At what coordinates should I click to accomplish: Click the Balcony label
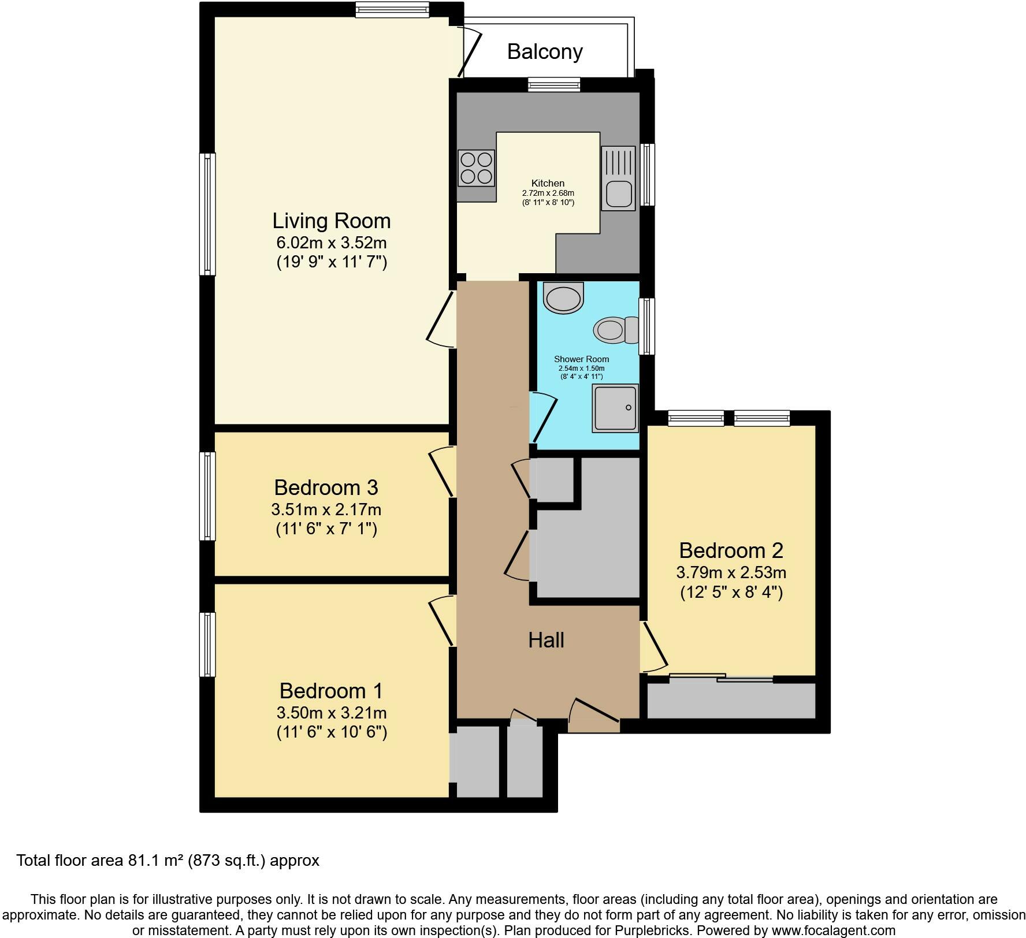[545, 52]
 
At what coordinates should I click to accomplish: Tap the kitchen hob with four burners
[477, 168]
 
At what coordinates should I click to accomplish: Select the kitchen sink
[618, 178]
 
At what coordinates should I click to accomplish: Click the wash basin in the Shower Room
[564, 298]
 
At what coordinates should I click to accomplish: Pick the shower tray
[615, 408]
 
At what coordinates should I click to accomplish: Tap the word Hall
[546, 640]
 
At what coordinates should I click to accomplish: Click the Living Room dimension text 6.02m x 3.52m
[332, 243]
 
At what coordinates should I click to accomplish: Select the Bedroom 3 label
[326, 487]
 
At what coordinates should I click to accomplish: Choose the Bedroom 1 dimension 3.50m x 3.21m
[332, 713]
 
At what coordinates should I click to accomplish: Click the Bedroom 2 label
[731, 550]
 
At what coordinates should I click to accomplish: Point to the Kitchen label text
[548, 183]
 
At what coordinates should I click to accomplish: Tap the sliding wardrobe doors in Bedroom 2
[722, 678]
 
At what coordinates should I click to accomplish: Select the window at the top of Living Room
[392, 9]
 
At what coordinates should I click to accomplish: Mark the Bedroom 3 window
[207, 496]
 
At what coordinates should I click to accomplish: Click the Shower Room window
[647, 326]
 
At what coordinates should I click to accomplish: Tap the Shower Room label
[581, 359]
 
